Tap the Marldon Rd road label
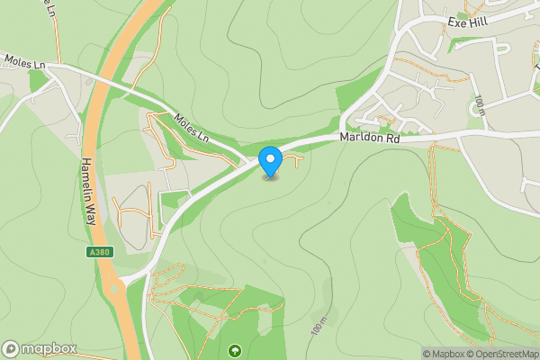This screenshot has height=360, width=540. [369, 139]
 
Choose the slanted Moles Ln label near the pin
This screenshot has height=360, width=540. [191, 128]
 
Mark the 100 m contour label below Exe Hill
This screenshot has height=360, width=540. [481, 105]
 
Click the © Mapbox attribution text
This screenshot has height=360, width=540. [445, 354]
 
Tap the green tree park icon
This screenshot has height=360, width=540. [236, 349]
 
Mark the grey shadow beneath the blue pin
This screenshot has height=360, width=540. [271, 176]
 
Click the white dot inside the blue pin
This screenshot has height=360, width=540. [271, 159]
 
